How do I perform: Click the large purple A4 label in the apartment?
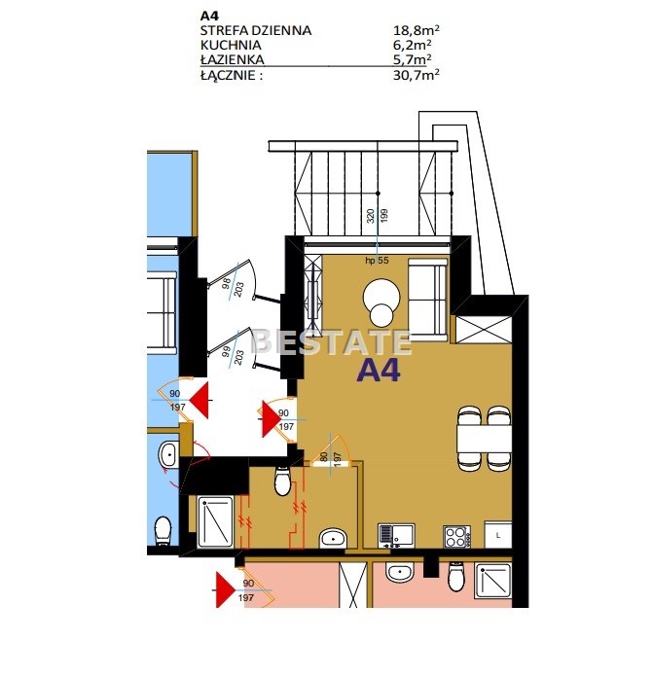(x=379, y=370)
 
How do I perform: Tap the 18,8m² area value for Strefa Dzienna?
(x=417, y=30)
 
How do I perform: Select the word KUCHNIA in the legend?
(x=231, y=45)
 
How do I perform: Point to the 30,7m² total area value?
(x=417, y=75)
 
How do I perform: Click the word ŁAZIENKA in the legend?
(x=233, y=59)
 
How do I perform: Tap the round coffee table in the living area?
(x=381, y=303)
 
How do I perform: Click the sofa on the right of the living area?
(x=427, y=297)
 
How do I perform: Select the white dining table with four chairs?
(x=485, y=439)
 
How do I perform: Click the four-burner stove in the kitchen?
(x=457, y=537)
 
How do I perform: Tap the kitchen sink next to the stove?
(x=396, y=536)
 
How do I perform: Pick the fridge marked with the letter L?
(x=498, y=535)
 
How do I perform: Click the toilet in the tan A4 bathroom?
(x=282, y=481)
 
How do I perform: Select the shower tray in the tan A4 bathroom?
(x=215, y=522)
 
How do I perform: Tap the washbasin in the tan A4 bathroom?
(x=333, y=539)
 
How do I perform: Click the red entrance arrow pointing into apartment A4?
(x=272, y=418)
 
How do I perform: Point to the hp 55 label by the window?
(x=377, y=261)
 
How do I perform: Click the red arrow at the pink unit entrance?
(x=226, y=589)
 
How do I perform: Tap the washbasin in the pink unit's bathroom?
(x=400, y=573)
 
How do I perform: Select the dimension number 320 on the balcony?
(x=371, y=216)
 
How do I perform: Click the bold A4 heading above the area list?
(x=210, y=16)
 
